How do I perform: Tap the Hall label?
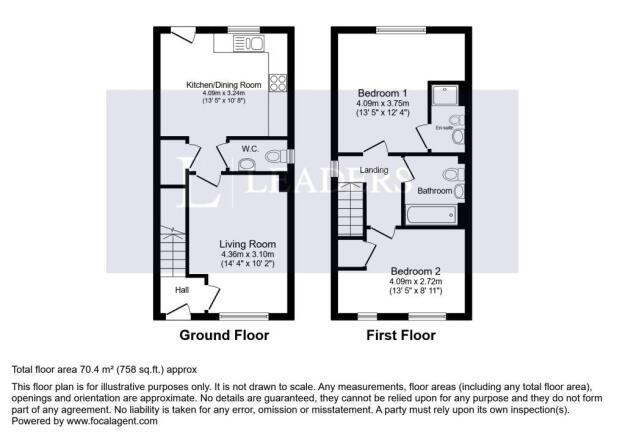(x=183, y=290)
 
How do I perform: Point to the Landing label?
(x=374, y=170)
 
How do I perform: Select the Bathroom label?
(x=434, y=190)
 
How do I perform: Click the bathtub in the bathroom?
(x=432, y=213)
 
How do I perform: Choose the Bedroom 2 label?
(x=415, y=271)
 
